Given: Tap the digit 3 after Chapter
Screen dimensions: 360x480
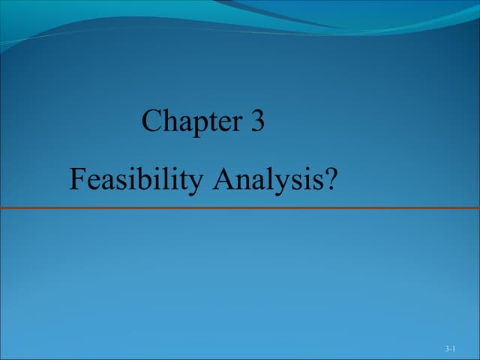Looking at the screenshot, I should [x=257, y=121].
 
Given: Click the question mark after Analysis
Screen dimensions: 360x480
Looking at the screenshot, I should [x=330, y=179].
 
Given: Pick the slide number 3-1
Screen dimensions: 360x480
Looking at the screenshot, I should [x=450, y=349].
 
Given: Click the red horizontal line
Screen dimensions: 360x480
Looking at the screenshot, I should [x=240, y=208].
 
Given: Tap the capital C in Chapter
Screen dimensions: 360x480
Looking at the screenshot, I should [x=151, y=121].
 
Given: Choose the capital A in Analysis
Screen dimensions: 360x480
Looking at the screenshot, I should [x=223, y=179].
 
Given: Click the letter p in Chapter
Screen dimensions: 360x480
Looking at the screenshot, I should [x=198, y=124].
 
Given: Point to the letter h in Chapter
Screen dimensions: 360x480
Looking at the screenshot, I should [x=169, y=121].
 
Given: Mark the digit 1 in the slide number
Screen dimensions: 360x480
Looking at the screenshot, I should [x=453, y=349].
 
